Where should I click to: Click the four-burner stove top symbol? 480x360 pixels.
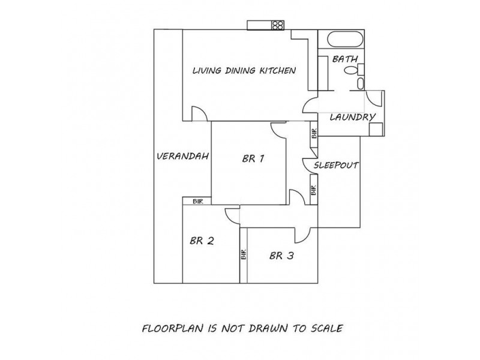pos(278,25)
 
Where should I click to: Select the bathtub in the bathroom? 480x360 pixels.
pos(346,40)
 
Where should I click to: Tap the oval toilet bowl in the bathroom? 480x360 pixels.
pos(350,70)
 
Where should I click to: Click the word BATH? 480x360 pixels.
pos(345,59)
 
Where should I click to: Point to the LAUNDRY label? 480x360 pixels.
pos(352,117)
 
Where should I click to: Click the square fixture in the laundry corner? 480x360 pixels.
pos(376,129)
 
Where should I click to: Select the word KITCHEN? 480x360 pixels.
pos(278,70)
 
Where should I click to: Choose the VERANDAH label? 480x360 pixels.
pos(183,157)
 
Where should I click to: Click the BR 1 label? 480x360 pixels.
pos(253,158)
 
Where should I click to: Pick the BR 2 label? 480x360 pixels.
pos(202,241)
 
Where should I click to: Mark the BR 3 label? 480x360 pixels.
pos(281,256)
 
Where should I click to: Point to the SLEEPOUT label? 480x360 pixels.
pos(336,166)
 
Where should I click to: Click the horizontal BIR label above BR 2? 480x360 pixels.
pos(198,202)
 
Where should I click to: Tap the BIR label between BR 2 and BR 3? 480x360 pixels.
pos(244,254)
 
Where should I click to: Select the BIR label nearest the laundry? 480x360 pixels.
pos(314,133)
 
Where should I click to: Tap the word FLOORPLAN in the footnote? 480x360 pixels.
pos(173,328)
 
